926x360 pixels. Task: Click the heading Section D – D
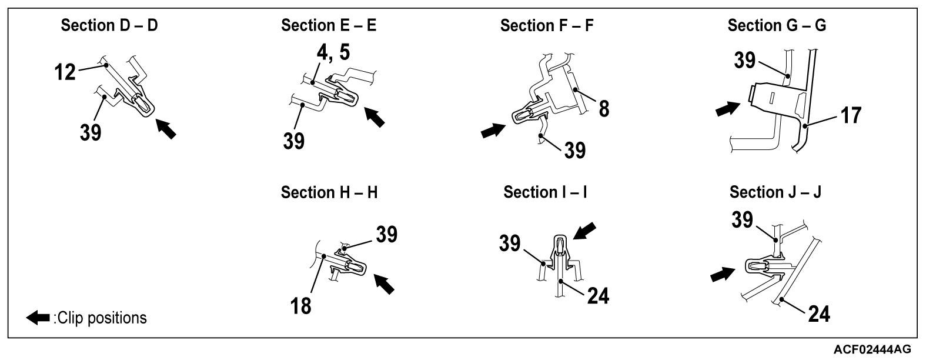(x=109, y=26)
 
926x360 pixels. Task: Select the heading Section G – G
(x=776, y=26)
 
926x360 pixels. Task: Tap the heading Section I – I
(x=545, y=193)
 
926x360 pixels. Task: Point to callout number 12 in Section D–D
(x=65, y=72)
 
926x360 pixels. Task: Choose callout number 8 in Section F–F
(x=604, y=108)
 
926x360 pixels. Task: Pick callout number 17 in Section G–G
(x=848, y=115)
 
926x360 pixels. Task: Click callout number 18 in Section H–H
(x=301, y=305)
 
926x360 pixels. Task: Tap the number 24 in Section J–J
(x=818, y=314)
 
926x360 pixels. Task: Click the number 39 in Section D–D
(x=91, y=132)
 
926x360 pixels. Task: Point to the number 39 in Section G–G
(x=744, y=59)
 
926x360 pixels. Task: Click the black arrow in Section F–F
(x=493, y=131)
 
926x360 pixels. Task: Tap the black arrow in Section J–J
(x=722, y=274)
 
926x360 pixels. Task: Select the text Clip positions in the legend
(x=101, y=318)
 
